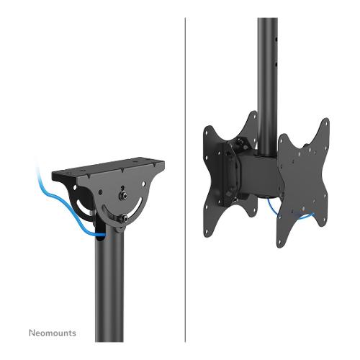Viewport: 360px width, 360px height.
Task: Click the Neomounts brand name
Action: (x=53, y=333)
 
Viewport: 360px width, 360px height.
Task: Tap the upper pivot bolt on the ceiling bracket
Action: (x=122, y=196)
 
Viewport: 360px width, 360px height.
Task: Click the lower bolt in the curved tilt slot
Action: (x=124, y=217)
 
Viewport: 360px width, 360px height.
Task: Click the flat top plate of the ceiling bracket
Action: (x=109, y=168)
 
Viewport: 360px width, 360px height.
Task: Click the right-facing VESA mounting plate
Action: (x=303, y=182)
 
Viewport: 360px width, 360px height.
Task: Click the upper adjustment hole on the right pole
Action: (x=276, y=39)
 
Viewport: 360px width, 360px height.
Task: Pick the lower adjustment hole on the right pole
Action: (x=276, y=64)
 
